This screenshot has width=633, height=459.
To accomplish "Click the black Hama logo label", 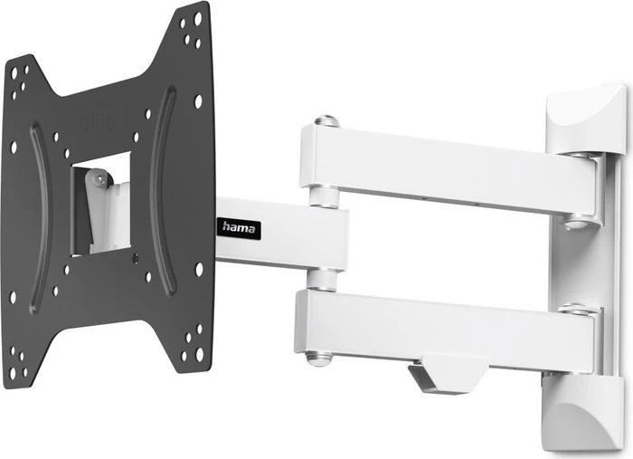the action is click(239, 229).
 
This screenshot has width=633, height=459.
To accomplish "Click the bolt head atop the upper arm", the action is click(326, 120).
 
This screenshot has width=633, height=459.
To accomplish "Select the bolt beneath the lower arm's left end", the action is click(318, 358).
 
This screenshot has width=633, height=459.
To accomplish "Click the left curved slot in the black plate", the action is click(40, 218).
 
